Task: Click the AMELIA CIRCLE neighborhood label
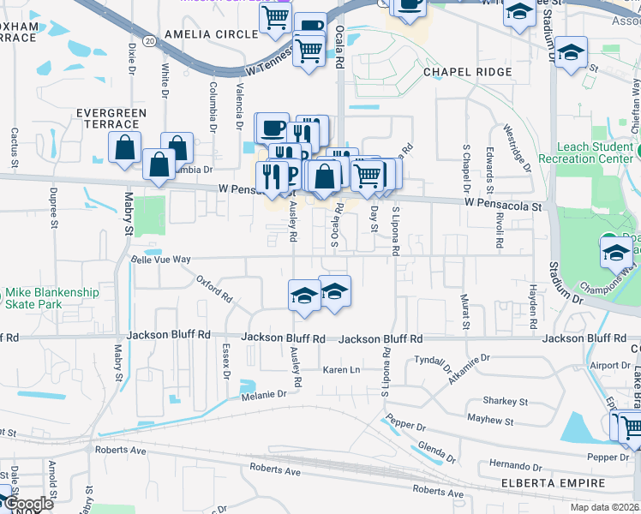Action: tap(210, 33)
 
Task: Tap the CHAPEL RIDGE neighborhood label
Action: tap(467, 73)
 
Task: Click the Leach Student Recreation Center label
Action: tap(587, 153)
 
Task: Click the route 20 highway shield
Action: tap(150, 40)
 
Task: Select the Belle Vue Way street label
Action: tap(160, 259)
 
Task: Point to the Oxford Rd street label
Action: tap(214, 289)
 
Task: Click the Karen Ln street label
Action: tap(340, 369)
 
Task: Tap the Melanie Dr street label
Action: tap(264, 394)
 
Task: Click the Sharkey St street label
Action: tap(505, 401)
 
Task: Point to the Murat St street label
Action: tap(466, 312)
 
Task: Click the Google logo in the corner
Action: tap(28, 505)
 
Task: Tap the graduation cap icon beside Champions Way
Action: tap(615, 253)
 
